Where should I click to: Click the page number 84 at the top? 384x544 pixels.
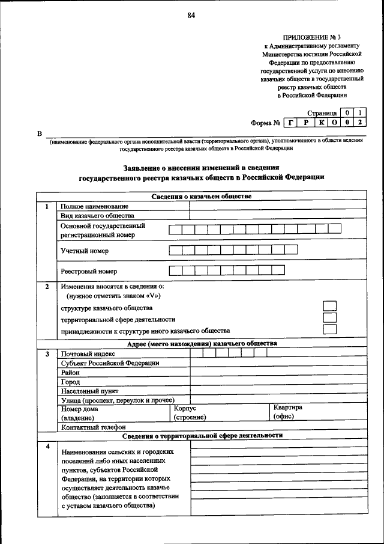[191, 16]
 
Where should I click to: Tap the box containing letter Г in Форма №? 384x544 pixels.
[290, 123]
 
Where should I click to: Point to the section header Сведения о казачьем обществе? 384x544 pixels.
[201, 197]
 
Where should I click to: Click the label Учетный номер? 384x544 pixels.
[85, 250]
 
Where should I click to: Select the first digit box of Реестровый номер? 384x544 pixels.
[175, 270]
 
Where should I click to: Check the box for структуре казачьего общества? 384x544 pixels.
[329, 307]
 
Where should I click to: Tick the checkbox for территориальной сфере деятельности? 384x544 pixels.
[329, 318]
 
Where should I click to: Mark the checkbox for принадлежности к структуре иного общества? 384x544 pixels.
[329, 329]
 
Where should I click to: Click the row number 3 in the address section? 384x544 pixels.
[46, 353]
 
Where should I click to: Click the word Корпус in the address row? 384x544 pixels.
[185, 408]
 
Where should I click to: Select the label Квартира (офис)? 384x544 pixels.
[287, 411]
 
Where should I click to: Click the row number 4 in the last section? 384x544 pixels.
[46, 446]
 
